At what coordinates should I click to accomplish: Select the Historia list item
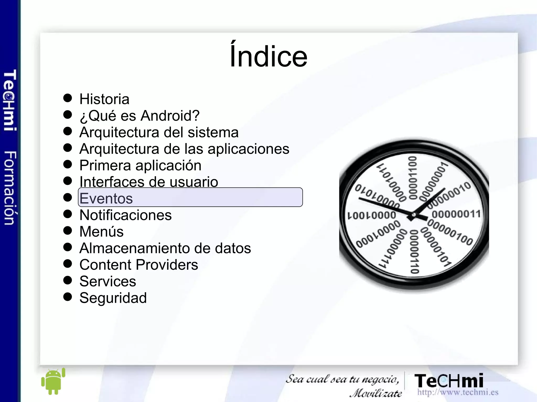(104, 99)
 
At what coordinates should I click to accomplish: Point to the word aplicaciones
(248, 149)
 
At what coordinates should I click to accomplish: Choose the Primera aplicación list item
(140, 166)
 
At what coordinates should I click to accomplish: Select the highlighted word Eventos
(106, 198)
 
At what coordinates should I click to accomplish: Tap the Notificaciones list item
(126, 215)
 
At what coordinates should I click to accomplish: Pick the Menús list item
(101, 232)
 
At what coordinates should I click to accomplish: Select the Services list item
(108, 281)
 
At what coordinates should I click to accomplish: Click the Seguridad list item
(113, 298)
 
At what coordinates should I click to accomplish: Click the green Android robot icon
(53, 381)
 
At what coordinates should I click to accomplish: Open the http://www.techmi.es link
(458, 392)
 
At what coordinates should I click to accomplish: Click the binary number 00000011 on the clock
(456, 214)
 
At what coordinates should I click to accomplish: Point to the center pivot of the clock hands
(414, 215)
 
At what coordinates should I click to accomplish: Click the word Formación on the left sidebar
(10, 188)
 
